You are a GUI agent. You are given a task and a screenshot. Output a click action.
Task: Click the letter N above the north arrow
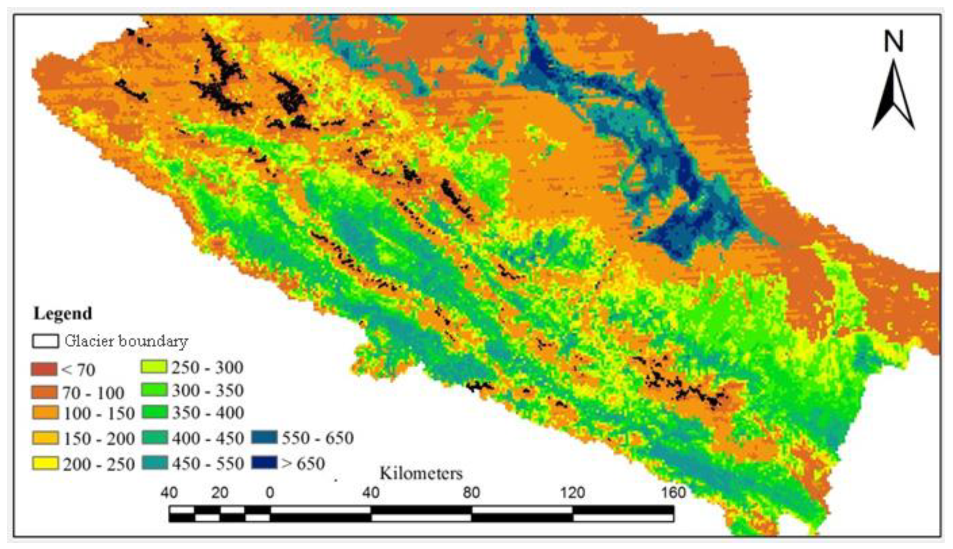click(x=894, y=41)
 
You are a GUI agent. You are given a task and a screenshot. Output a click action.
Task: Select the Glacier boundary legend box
click(x=45, y=341)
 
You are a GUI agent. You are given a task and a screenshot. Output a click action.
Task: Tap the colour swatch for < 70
click(x=44, y=369)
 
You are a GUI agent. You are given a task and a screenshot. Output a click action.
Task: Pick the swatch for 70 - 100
click(x=44, y=392)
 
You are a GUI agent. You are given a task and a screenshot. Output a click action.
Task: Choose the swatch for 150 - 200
click(x=45, y=438)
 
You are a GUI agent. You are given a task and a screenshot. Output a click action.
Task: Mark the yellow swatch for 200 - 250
click(x=45, y=463)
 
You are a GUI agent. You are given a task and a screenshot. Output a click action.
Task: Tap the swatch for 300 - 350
click(x=154, y=390)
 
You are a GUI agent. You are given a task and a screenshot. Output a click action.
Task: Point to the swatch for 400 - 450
click(x=155, y=437)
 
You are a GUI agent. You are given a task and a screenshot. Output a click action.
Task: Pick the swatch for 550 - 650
click(x=264, y=437)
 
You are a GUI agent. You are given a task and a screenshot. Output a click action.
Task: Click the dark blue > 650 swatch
click(x=264, y=463)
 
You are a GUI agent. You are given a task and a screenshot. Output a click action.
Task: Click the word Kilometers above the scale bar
click(x=421, y=474)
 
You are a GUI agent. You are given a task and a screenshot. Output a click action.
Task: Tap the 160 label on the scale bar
click(x=674, y=493)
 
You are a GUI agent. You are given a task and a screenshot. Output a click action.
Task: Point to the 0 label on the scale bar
click(x=270, y=493)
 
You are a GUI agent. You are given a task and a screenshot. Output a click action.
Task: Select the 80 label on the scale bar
click(x=472, y=493)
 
